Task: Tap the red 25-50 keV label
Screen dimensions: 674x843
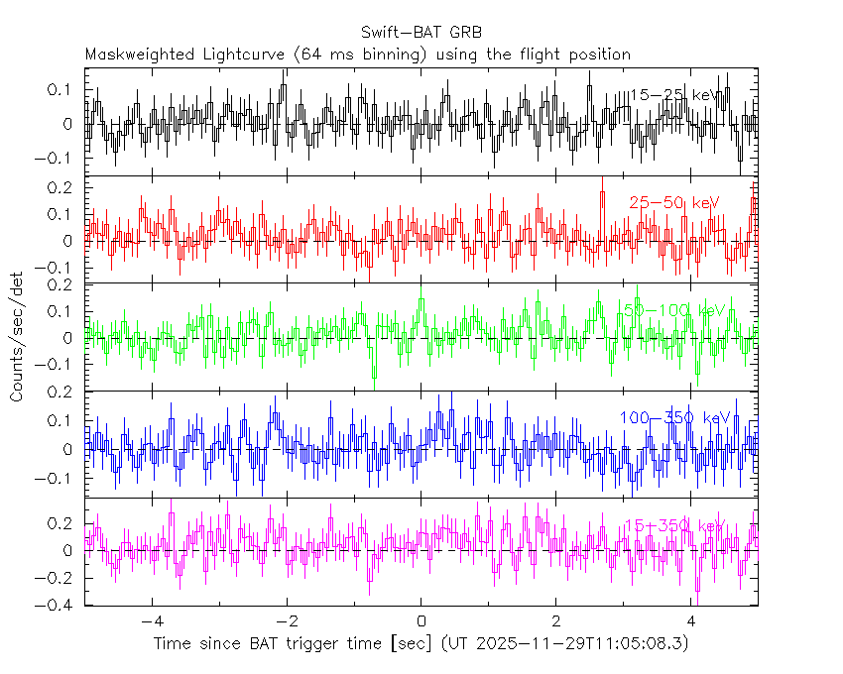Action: click(673, 202)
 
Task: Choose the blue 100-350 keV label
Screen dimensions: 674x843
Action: click(674, 417)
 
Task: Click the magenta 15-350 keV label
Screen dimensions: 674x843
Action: click(674, 525)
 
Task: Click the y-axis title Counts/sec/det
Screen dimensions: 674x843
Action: click(16, 337)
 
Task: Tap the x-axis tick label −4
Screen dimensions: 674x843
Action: click(151, 621)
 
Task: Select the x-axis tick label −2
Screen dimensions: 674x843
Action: click(286, 621)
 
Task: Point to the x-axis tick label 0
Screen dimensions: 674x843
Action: click(421, 621)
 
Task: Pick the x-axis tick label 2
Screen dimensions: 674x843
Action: click(556, 621)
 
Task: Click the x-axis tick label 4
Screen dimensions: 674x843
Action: click(691, 621)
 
